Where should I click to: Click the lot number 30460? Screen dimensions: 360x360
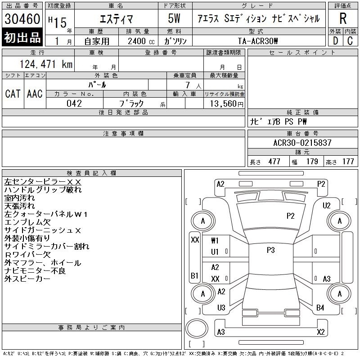22,19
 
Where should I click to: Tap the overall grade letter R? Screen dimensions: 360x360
343,18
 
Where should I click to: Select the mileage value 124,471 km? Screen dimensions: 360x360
46,64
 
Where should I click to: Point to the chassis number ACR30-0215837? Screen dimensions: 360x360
302,143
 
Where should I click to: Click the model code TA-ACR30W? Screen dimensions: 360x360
257,41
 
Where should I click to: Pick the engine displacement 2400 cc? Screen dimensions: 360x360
141,41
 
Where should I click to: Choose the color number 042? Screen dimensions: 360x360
74,103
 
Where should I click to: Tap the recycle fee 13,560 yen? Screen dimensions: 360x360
226,104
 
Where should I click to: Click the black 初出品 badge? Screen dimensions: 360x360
22,37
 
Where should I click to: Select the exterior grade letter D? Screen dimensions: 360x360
335,41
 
